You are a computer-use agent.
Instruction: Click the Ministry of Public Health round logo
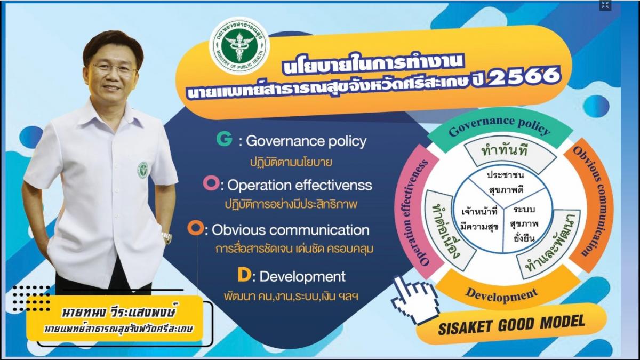point(239,46)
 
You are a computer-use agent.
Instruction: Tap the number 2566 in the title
point(525,76)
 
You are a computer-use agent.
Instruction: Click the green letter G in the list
point(224,139)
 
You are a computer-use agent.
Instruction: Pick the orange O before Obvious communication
point(195,228)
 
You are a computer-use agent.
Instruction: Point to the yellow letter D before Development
point(244,275)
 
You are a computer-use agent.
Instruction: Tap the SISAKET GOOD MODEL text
point(511,324)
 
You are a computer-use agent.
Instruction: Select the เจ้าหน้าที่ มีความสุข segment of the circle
point(480,220)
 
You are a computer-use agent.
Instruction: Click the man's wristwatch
point(167,237)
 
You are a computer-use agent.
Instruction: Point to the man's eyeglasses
point(114,69)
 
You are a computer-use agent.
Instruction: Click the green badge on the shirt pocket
point(143,170)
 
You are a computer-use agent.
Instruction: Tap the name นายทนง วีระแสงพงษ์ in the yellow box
point(118,312)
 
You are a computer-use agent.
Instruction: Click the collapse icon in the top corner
point(605,5)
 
